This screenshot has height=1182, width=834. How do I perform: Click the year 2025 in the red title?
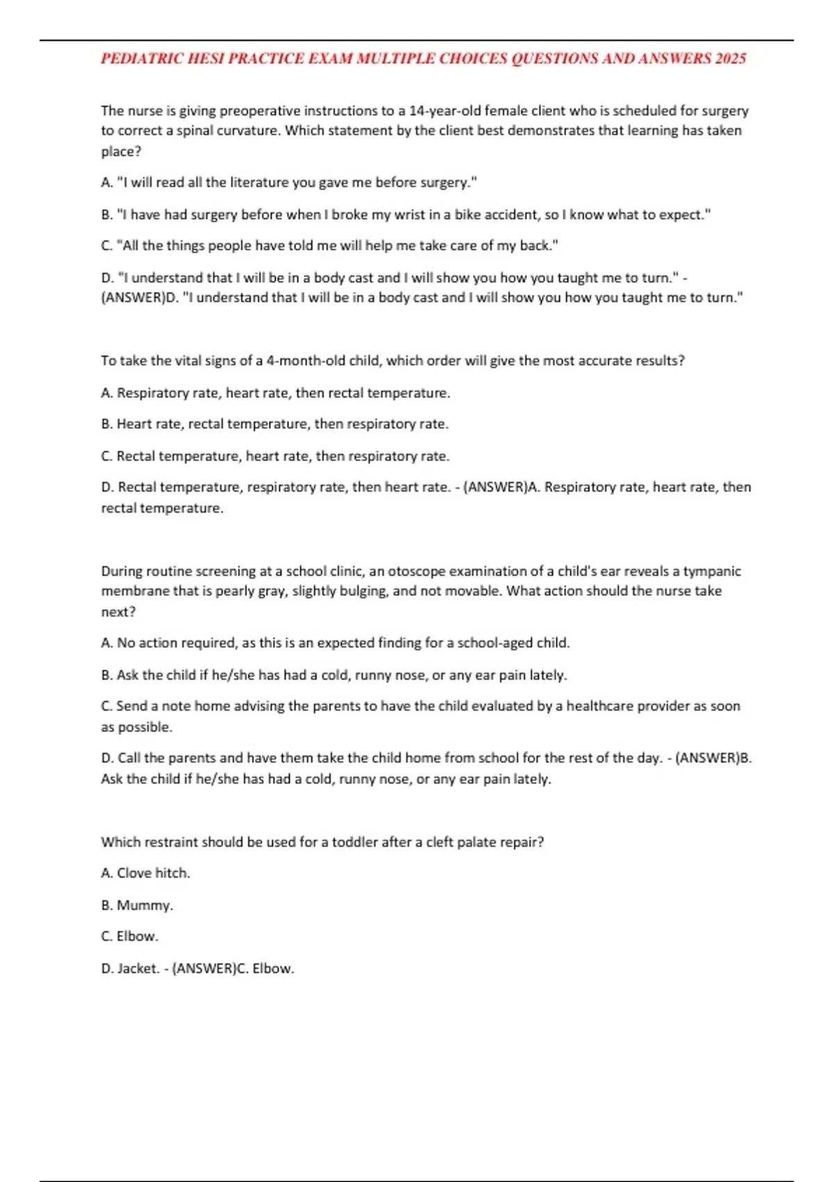point(730,58)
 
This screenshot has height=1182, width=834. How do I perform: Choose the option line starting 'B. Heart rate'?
point(275,424)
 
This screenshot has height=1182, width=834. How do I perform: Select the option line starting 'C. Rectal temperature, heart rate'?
point(275,456)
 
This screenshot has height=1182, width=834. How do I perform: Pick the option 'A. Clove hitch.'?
point(145,873)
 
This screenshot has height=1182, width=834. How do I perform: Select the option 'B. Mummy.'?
point(137,905)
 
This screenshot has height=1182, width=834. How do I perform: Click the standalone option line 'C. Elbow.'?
point(129,937)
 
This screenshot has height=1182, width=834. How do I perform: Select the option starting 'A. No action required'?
point(335,643)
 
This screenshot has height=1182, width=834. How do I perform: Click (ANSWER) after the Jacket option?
point(204,969)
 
